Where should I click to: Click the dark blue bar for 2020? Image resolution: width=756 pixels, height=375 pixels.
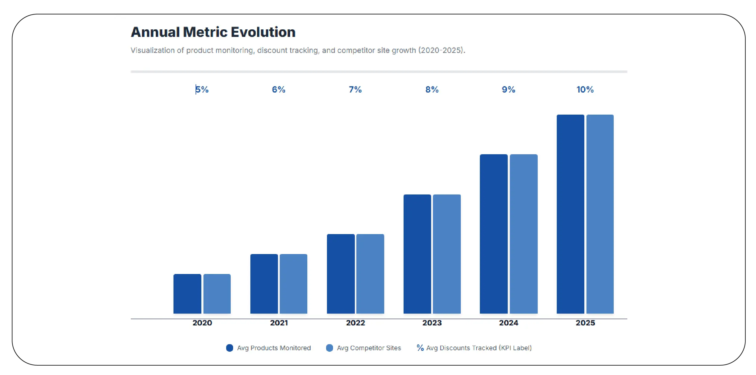pyautogui.click(x=187, y=294)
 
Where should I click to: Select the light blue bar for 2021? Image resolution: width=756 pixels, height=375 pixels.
pyautogui.click(x=293, y=284)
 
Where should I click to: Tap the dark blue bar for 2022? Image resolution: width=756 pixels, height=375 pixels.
pyautogui.click(x=341, y=274)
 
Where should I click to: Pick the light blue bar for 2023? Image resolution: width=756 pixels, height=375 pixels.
pyautogui.click(x=447, y=254)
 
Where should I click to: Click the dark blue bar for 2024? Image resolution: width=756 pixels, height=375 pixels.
pyautogui.click(x=494, y=234)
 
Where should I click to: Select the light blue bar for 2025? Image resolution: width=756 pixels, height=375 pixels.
pyautogui.click(x=600, y=214)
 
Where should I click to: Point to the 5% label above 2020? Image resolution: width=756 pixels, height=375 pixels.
pyautogui.click(x=202, y=90)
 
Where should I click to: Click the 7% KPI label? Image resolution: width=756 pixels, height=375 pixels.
pyautogui.click(x=355, y=90)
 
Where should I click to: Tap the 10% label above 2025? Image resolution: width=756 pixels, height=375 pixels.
pyautogui.click(x=585, y=90)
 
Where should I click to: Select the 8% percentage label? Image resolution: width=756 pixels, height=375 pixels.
pyautogui.click(x=432, y=90)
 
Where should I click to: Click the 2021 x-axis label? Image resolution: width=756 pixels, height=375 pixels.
pyautogui.click(x=279, y=323)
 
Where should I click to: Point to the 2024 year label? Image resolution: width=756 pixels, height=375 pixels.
pyautogui.click(x=509, y=323)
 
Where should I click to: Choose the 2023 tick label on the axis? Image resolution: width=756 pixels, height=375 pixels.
pyautogui.click(x=432, y=323)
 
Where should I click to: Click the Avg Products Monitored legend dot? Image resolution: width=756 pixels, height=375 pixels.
pyautogui.click(x=229, y=348)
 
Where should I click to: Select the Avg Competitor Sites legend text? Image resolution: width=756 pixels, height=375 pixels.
pyautogui.click(x=369, y=348)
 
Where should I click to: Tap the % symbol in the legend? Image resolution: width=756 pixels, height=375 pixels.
pyautogui.click(x=420, y=347)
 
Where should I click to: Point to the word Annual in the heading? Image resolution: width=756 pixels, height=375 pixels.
pyautogui.click(x=155, y=32)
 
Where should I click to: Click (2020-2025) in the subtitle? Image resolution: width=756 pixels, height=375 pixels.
pyautogui.click(x=441, y=50)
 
